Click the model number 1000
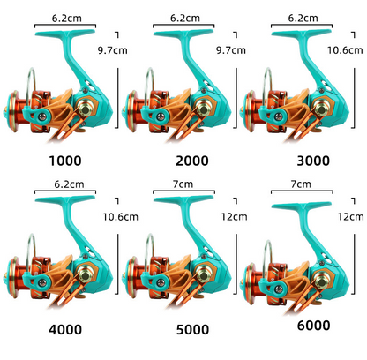pos(65,161)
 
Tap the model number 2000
pos(192,161)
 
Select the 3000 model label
pos(313,161)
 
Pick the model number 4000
pos(65,329)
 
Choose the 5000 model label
pos(192,329)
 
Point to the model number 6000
pos(313,326)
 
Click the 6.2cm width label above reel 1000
pos(67,19)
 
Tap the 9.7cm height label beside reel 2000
pos(231,50)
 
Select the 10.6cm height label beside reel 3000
pos(345,50)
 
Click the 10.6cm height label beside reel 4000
pos(120,217)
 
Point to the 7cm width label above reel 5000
pos(183,184)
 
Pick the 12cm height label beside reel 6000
pos(350,217)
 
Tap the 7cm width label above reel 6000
pos(301,184)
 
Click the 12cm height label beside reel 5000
pos(234,217)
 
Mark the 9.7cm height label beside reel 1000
pos(113,50)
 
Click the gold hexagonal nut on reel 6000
pos(321,281)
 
